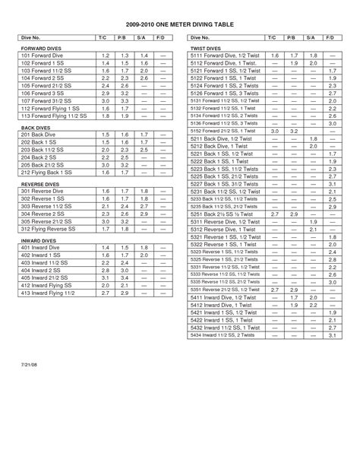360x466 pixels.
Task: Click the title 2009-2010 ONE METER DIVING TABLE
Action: click(x=179, y=24)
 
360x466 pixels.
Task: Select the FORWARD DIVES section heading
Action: click(x=39, y=47)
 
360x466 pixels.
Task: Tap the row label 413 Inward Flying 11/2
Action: click(x=51, y=293)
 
